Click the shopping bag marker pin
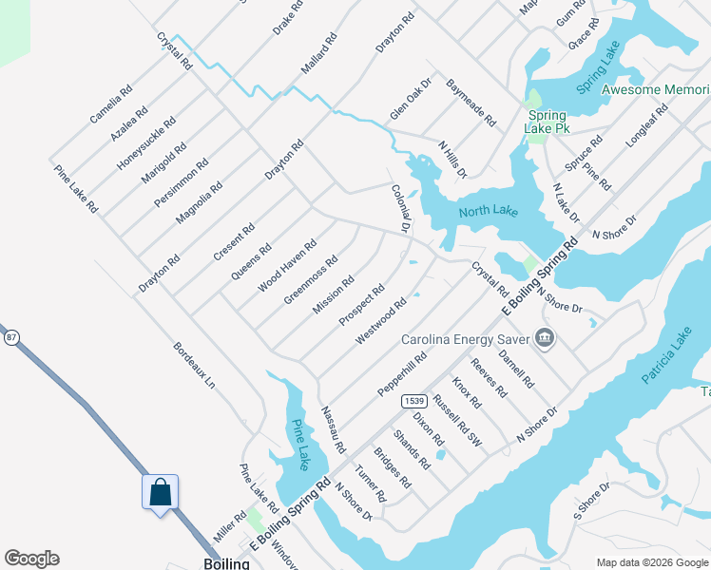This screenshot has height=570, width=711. [161, 493]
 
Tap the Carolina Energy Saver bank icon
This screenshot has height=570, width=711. [545, 338]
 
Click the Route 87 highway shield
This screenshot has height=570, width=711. [11, 337]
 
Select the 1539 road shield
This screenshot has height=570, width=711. [413, 401]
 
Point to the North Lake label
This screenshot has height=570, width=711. [488, 211]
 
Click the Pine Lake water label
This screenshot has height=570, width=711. [300, 445]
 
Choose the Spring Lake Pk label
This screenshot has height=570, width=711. [548, 122]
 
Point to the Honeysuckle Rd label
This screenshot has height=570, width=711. [146, 143]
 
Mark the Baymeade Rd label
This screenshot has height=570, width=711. [471, 103]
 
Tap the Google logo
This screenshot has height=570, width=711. [31, 559]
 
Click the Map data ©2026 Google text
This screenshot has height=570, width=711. [652, 562]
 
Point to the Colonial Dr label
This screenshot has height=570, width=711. [399, 208]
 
